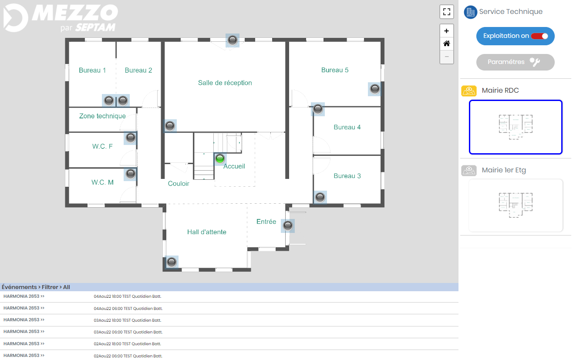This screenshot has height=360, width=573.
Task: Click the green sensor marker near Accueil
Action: point(220,159)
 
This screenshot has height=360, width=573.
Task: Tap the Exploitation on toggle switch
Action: point(539,36)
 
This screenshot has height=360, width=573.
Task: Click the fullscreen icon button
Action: point(447,12)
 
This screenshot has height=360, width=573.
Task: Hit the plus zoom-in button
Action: point(447,31)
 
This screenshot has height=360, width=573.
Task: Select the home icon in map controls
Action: point(447,44)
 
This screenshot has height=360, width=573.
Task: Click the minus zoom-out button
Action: point(447,57)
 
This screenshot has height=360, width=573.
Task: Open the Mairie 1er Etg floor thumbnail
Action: point(516,205)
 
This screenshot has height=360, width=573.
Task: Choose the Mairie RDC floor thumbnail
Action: point(516,127)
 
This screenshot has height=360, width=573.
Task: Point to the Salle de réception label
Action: point(225,83)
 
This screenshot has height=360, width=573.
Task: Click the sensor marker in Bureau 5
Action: point(375,89)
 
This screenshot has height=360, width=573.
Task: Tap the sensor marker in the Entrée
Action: point(288,226)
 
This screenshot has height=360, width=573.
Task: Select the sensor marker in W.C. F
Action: point(131,138)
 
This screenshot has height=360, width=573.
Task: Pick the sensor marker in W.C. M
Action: point(131,174)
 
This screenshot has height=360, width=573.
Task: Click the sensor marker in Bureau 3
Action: point(320,197)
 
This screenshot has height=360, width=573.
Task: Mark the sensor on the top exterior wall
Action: point(233,40)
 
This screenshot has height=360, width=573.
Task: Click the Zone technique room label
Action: point(102,116)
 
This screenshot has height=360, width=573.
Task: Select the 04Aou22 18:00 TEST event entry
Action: point(128,296)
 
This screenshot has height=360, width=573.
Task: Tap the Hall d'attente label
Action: point(207,232)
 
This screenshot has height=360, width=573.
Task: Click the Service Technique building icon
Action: point(470,12)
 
